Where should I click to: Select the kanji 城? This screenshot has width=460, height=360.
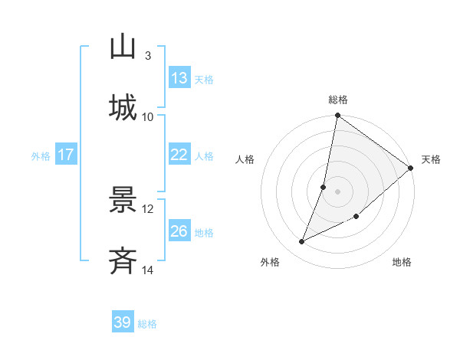coord(123,107)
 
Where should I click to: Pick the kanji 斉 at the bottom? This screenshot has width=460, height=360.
coord(123,261)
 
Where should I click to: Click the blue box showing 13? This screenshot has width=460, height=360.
coord(179,78)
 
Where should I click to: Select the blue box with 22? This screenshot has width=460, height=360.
coord(179,155)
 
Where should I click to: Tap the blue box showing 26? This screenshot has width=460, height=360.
coord(179,231)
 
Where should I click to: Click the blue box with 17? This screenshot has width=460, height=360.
coord(65,155)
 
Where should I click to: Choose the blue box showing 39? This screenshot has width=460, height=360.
coord(122,322)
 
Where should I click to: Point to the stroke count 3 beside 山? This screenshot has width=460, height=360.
coord(147,56)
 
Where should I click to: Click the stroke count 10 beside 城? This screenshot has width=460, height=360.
coord(148,116)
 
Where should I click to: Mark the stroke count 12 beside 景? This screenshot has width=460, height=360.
coord(148,208)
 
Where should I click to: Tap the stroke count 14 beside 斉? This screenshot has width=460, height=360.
coord(148,270)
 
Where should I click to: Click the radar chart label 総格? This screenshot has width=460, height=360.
coord(338,100)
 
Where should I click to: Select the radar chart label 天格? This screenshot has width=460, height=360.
coord(431,159)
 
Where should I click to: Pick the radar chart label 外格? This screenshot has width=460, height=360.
coord(269,262)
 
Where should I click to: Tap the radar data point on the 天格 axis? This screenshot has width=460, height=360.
coord(411,168)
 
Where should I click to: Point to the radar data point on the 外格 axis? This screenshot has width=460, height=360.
coord(302,242)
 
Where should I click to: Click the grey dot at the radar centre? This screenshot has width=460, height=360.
coord(338,191)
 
